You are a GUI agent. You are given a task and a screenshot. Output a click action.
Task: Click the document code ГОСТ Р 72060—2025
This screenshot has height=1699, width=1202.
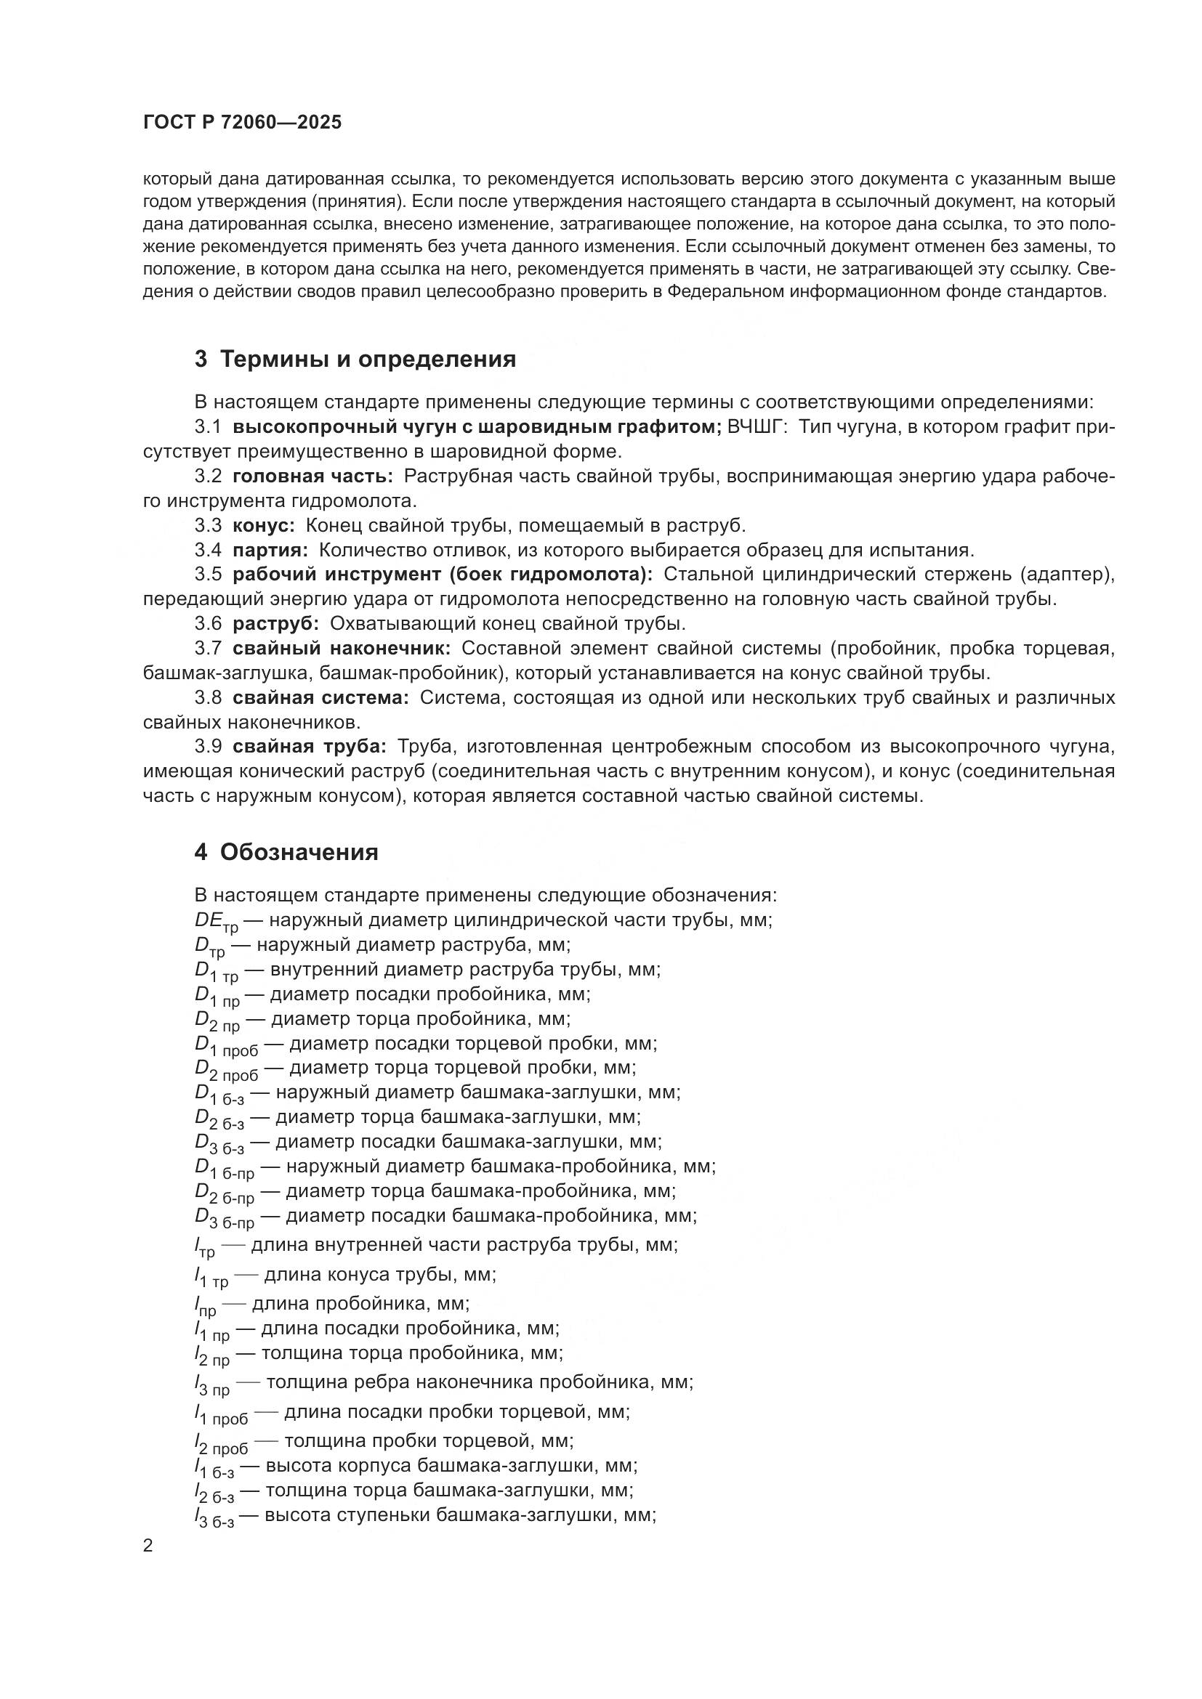[x=242, y=123]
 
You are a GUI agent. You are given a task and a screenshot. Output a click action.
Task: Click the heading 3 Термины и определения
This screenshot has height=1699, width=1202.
[x=355, y=360]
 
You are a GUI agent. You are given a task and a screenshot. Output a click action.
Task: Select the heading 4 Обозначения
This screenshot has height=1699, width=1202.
[x=286, y=853]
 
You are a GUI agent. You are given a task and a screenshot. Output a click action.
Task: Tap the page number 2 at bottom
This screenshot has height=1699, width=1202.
[x=148, y=1546]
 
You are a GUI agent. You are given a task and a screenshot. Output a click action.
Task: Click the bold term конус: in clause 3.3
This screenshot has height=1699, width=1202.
[x=264, y=525]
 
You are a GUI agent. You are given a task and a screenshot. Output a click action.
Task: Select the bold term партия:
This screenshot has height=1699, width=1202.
[x=270, y=550]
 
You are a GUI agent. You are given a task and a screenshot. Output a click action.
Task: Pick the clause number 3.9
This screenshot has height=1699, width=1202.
[x=208, y=747]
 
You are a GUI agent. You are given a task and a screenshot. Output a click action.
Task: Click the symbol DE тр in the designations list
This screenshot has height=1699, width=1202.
[x=216, y=923]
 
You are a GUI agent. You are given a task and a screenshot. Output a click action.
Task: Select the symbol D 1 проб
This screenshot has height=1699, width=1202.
[x=227, y=1045]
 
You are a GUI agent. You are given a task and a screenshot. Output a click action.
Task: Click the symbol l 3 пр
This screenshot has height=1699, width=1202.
[x=212, y=1384]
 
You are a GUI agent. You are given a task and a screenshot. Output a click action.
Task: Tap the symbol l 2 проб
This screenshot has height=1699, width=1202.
[x=222, y=1443]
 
